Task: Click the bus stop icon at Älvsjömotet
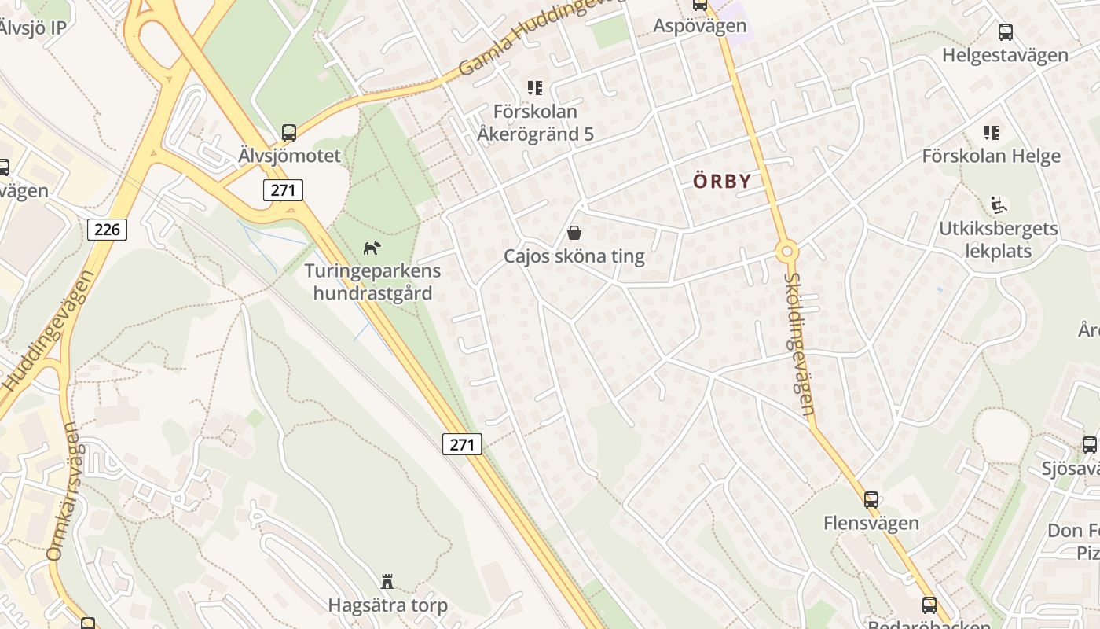click(x=289, y=133)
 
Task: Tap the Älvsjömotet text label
click(x=289, y=156)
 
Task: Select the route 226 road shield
click(x=107, y=229)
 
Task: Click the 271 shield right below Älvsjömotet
click(x=283, y=189)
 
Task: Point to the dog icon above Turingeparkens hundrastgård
click(x=372, y=248)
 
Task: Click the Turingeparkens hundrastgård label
click(x=372, y=282)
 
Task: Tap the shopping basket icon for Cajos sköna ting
click(x=574, y=233)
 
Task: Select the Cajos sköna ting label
click(x=574, y=256)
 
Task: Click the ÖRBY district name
click(x=722, y=181)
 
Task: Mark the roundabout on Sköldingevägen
click(x=786, y=252)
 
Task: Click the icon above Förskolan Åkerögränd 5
click(x=535, y=88)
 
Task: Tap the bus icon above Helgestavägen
click(x=1005, y=32)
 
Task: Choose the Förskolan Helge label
click(x=991, y=156)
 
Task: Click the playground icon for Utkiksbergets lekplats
click(x=999, y=206)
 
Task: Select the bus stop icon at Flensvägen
click(x=871, y=499)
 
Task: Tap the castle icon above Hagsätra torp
click(x=387, y=582)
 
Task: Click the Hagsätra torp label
click(x=387, y=605)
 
